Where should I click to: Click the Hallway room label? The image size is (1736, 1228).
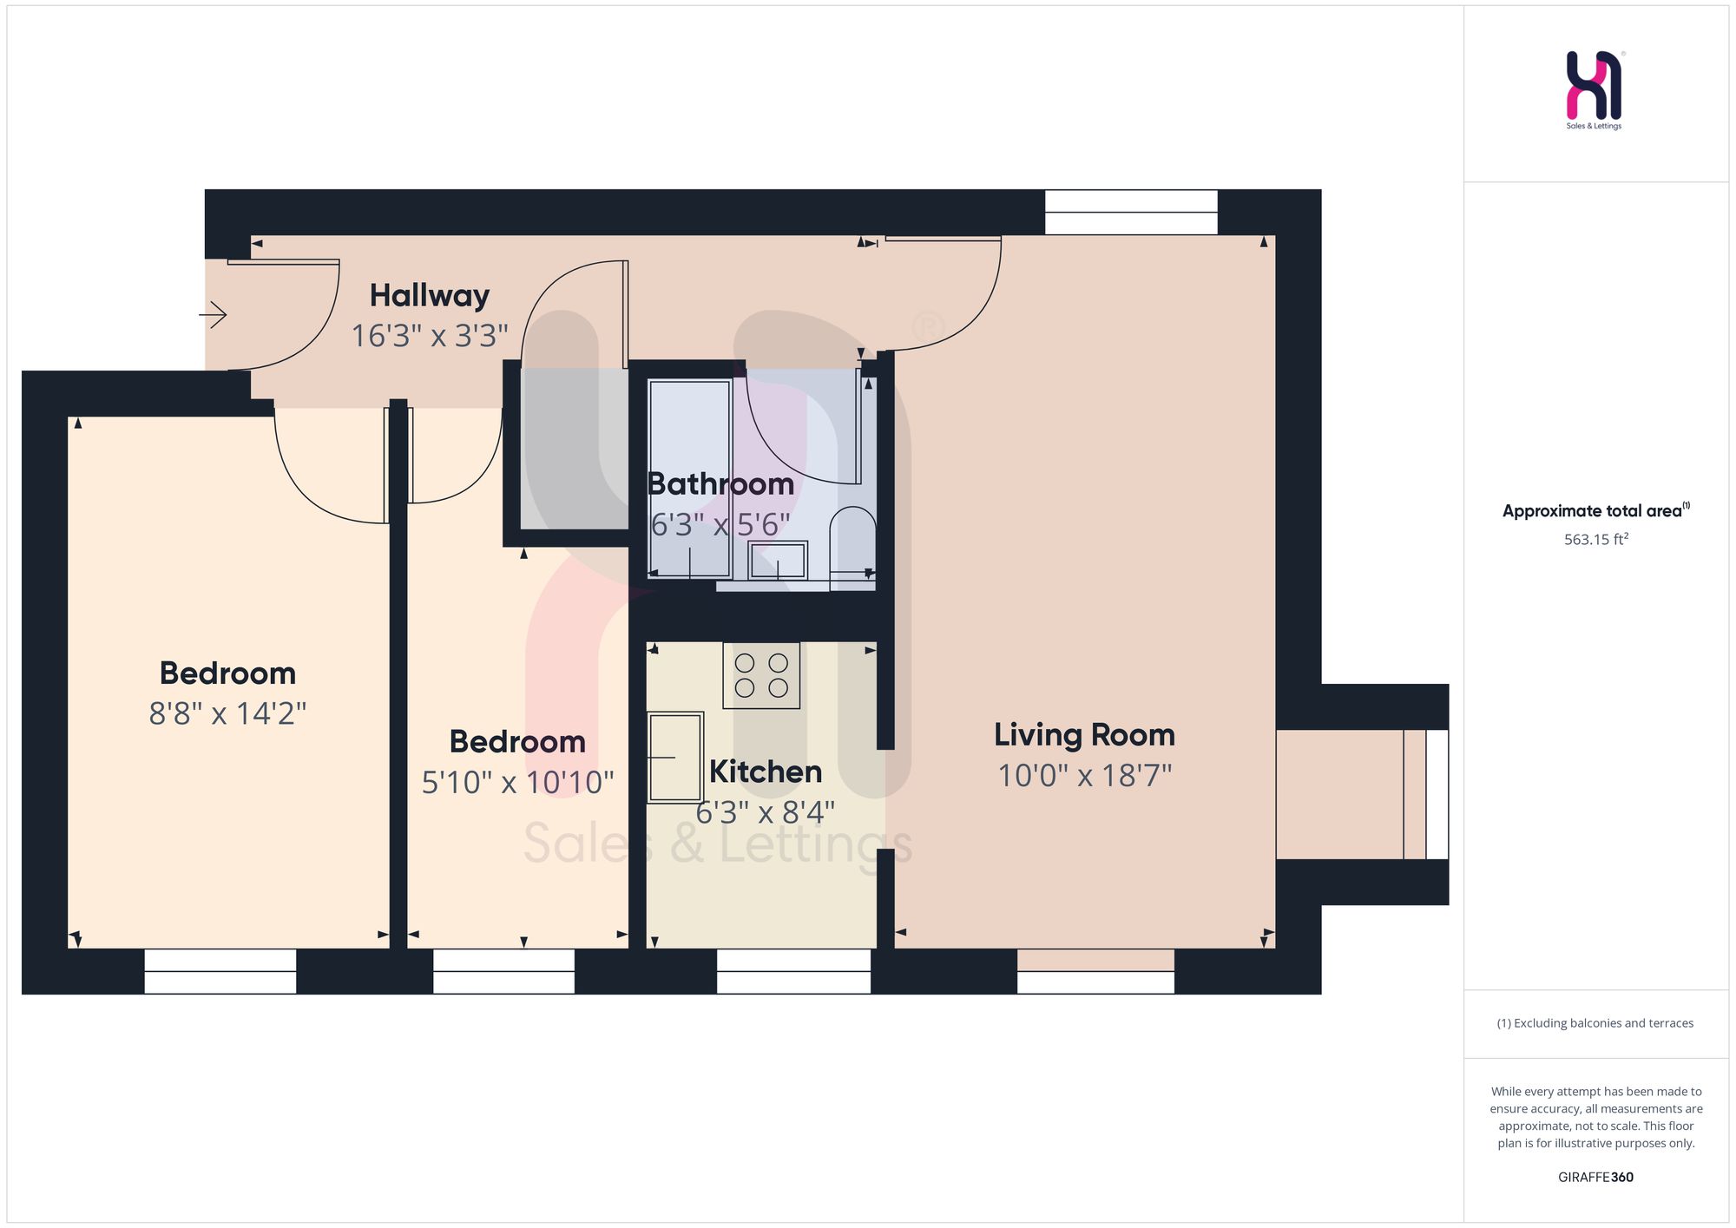pos(430,296)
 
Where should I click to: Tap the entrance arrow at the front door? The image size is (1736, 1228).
pos(214,314)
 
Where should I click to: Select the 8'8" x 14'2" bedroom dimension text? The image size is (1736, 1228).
pos(227,713)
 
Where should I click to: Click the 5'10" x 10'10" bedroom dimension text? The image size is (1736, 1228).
pos(517,783)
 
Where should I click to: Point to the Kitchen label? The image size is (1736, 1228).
pos(766,772)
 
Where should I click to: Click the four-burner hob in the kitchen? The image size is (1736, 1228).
pos(761,675)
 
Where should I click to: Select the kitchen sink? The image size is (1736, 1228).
pos(675,757)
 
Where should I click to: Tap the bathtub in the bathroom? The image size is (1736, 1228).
pos(690,479)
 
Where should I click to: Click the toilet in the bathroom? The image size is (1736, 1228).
pos(852,548)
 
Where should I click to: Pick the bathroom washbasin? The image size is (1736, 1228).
pos(778,561)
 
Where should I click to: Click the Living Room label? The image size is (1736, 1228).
pos(1084,735)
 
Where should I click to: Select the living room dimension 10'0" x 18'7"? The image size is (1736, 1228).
pos(1084,775)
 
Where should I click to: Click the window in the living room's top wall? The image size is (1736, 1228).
pos(1131,212)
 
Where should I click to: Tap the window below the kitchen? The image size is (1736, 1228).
pos(793,971)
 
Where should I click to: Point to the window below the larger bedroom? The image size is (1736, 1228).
pos(220,971)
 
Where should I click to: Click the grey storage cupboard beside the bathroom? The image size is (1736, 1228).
pos(575,448)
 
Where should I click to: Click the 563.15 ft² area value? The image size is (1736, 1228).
pos(1596,539)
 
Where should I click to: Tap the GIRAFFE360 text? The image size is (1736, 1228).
pos(1595,1177)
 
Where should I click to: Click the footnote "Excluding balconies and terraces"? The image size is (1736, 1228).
pos(1595,1023)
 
